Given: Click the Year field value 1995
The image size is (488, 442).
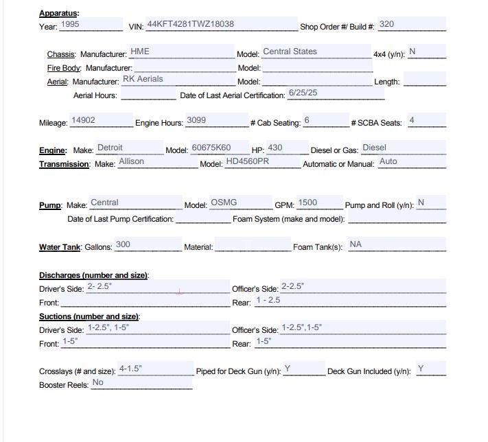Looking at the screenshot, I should pos(70,24).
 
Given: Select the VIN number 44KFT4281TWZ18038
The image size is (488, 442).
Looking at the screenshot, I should pos(190,24).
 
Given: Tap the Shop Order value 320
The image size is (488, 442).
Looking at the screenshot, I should pos(386,24).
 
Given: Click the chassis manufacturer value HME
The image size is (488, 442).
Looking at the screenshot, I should pos(139,51).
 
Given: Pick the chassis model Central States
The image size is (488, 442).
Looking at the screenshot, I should pos(290,51).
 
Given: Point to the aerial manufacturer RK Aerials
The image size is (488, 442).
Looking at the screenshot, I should pos(143,79).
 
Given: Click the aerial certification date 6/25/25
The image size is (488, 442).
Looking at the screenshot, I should pos(303,93).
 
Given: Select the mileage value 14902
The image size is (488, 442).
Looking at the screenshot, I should pos(83,120).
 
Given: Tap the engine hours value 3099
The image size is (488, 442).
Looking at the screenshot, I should pos(196,120).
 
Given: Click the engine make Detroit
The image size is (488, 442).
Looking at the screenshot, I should pos(110,148).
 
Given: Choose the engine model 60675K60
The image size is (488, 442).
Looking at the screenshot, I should pos(211,148).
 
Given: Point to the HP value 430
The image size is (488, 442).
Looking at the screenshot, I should pos(275,148).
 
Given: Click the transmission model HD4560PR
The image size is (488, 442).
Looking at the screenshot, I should pos(247,162).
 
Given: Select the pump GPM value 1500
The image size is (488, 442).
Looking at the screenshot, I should pos(307,202).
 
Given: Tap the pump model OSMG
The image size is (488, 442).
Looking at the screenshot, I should pos(224,202).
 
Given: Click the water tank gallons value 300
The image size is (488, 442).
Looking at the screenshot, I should pos(123,244).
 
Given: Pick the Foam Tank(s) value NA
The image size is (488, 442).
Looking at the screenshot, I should pos(356,244).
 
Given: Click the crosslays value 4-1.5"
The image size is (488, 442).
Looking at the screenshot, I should pos(130,369).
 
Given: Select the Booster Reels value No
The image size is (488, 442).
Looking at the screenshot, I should pos(98,382).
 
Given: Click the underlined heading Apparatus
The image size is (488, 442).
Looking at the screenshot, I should pos(58,13).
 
